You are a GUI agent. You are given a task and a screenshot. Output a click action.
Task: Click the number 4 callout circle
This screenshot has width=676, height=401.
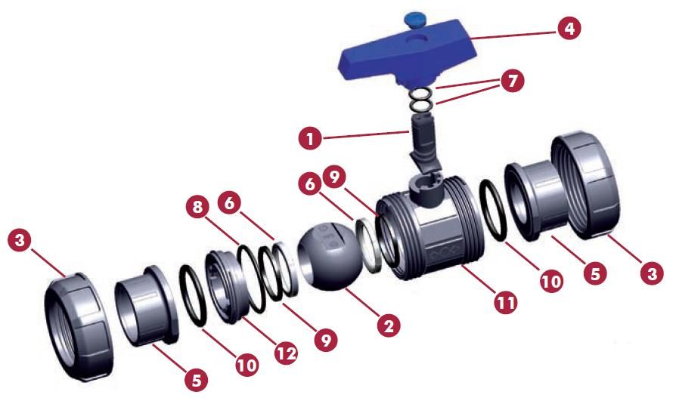pos(569,29)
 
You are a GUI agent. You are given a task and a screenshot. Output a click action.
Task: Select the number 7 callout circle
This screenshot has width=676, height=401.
pos(512,81)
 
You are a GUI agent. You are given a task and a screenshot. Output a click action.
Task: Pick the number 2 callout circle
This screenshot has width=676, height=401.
pos(389,325)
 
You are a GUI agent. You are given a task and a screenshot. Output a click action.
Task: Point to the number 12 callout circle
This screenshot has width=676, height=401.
pos(287,353)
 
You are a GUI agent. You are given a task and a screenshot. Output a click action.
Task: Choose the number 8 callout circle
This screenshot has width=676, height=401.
pos(197,207)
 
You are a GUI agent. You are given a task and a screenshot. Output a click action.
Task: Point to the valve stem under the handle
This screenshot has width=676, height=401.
pos(424,142)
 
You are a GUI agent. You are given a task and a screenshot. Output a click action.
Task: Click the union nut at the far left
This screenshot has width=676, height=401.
pos(79,326)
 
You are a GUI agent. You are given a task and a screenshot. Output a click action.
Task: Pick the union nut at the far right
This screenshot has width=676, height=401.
pos(586,185)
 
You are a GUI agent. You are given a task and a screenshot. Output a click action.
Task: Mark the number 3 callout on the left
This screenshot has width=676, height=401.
pos(20,240)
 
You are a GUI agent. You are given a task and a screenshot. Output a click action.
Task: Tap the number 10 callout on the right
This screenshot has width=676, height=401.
pos(551,281)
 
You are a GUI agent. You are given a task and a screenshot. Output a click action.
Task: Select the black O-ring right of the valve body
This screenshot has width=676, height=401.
pos(493,210)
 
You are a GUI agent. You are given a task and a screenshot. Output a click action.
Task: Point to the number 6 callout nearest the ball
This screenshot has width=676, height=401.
pos(310,185)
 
